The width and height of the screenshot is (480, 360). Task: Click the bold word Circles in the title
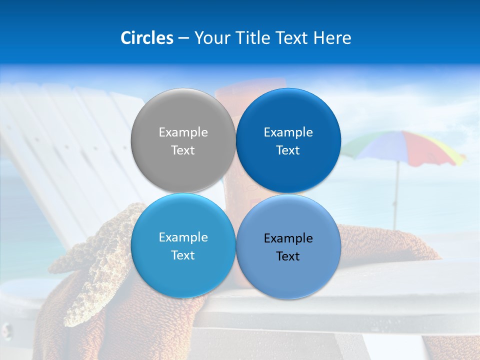pos(146,38)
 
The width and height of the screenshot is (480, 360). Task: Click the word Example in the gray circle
pos(183,132)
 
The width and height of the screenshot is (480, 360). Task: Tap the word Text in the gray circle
pos(183,150)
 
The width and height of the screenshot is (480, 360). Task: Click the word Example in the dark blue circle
pos(288,132)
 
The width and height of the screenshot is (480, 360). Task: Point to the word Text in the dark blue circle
pos(288,150)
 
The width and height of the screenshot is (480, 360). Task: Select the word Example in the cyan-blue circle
pos(183,237)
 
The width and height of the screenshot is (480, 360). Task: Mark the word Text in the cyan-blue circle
pos(183,255)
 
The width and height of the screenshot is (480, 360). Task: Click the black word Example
pos(288,238)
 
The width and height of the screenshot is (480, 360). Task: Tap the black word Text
pos(288,256)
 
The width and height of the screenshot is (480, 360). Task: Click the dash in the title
pos(183,38)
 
